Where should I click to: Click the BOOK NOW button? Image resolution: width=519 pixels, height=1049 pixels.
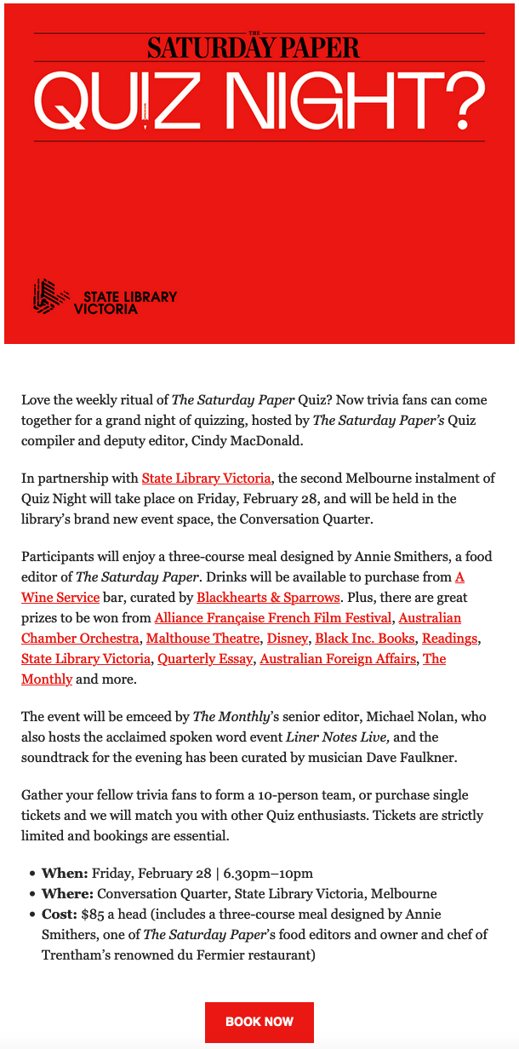pyautogui.click(x=259, y=1022)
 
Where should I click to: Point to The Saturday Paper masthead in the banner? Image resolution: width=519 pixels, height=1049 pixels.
pyautogui.click(x=253, y=46)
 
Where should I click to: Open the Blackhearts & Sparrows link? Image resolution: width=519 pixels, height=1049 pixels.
pyautogui.click(x=268, y=598)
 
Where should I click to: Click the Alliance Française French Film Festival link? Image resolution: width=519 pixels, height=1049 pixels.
pyautogui.click(x=273, y=618)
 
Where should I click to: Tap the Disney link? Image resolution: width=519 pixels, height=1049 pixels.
pyautogui.click(x=288, y=639)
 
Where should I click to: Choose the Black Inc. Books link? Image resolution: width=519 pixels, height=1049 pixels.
pyautogui.click(x=365, y=639)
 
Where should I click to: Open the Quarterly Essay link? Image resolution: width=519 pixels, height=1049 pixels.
pyautogui.click(x=205, y=659)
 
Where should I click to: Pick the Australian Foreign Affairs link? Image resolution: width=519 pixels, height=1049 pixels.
pyautogui.click(x=337, y=659)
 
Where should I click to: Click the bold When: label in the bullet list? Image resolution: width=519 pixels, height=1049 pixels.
pyautogui.click(x=65, y=874)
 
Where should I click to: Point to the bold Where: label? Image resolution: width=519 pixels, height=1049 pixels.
pyautogui.click(x=67, y=894)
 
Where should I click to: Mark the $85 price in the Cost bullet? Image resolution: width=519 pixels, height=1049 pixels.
pyautogui.click(x=92, y=914)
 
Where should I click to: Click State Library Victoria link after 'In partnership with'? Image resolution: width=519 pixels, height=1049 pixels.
pyautogui.click(x=206, y=479)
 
